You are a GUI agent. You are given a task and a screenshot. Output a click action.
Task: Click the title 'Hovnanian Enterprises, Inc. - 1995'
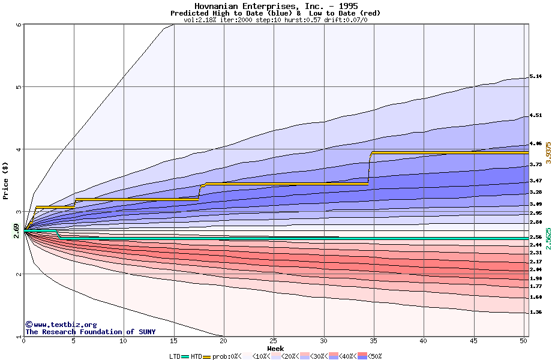tap(276, 6)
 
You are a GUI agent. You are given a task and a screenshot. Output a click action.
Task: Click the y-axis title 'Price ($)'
tap(5, 181)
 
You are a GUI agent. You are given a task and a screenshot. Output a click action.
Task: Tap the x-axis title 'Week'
tap(275, 349)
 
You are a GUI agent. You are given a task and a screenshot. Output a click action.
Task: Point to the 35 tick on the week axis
tap(374, 341)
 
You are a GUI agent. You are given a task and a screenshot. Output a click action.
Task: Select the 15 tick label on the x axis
tap(173, 341)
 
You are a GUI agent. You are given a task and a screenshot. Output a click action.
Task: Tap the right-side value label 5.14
tap(536, 77)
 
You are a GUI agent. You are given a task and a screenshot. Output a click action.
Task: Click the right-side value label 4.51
tap(536, 116)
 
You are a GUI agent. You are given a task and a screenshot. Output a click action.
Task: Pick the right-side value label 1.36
tap(536, 313)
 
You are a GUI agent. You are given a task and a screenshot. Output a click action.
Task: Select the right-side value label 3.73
tap(536, 164)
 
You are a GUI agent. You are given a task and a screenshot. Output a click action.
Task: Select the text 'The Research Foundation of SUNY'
tap(90, 332)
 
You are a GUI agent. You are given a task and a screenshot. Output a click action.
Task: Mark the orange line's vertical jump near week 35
tap(369, 168)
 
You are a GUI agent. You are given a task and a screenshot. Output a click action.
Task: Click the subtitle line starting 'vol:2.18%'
tap(275, 20)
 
